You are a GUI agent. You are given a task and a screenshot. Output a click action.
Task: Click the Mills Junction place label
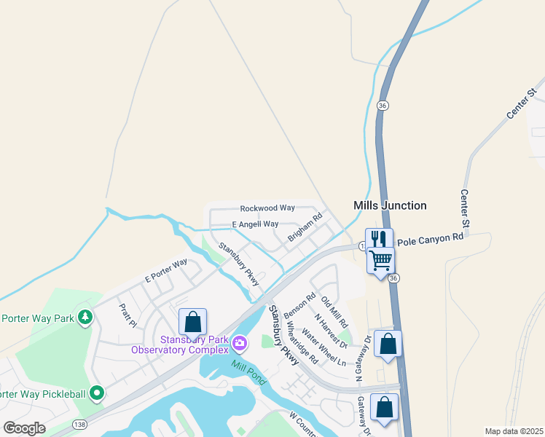[x=390, y=206]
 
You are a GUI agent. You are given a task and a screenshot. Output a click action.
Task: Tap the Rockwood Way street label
[x=267, y=208]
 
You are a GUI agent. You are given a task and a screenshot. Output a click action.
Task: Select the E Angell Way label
[x=255, y=224]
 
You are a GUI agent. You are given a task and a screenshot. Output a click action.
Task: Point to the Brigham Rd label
[x=305, y=227]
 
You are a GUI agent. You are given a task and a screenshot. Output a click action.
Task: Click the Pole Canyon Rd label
[x=431, y=237]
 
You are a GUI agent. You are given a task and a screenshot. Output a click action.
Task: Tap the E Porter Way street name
[x=166, y=270]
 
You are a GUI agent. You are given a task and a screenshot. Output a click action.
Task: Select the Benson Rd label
[x=299, y=307]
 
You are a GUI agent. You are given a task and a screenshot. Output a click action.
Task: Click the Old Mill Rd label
[x=334, y=312]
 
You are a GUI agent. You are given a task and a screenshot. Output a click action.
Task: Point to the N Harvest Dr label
[x=332, y=331]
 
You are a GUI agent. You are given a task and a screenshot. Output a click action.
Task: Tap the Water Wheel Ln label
[x=324, y=349]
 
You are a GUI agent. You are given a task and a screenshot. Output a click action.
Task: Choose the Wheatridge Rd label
[x=302, y=344]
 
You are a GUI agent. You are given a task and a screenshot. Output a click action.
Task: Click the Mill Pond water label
[x=249, y=373]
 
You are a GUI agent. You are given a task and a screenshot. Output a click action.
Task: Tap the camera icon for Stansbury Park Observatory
[x=239, y=341]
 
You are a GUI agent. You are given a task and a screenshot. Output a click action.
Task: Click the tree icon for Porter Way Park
[x=86, y=317]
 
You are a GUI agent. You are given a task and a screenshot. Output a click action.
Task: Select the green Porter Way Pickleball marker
[x=96, y=394]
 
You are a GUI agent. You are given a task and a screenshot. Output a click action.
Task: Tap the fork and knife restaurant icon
[x=379, y=239]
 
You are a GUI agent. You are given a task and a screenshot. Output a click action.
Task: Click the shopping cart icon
[x=380, y=259]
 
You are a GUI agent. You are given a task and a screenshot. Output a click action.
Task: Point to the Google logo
[x=25, y=428]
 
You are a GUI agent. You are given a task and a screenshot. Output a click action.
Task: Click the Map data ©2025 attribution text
[x=513, y=431]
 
